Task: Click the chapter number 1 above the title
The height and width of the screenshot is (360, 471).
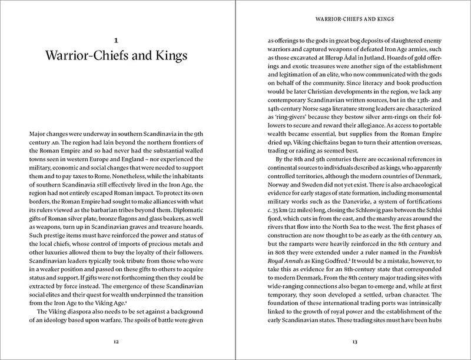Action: pos(116,41)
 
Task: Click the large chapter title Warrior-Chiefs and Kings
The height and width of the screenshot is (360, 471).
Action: pos(116,58)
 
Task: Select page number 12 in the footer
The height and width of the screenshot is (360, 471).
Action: pos(116,341)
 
